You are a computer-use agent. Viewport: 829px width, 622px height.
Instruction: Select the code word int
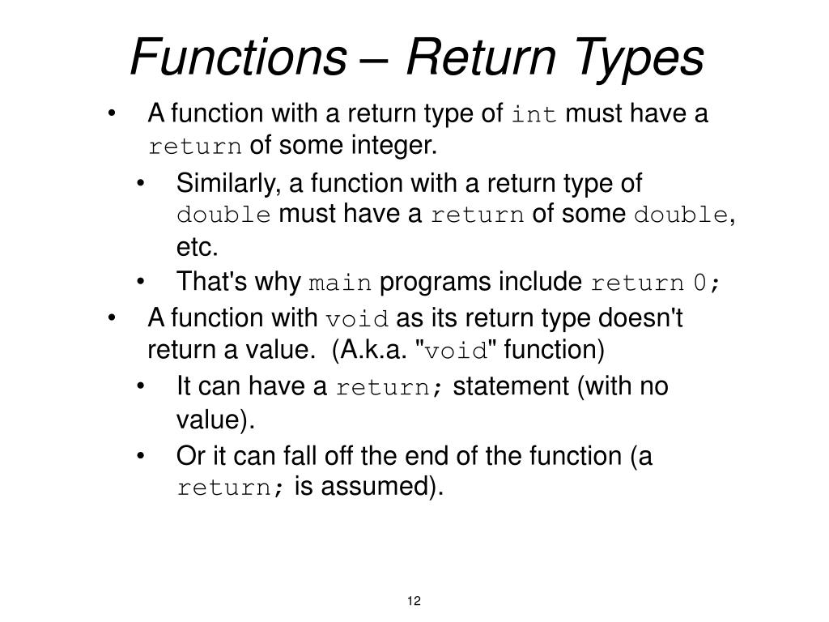click(x=534, y=116)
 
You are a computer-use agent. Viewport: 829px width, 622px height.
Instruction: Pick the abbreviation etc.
click(x=198, y=246)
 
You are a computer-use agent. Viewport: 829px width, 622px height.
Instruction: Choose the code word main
click(x=341, y=283)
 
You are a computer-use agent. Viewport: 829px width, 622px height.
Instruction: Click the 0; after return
click(x=706, y=283)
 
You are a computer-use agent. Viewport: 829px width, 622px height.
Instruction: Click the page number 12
click(x=414, y=600)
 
